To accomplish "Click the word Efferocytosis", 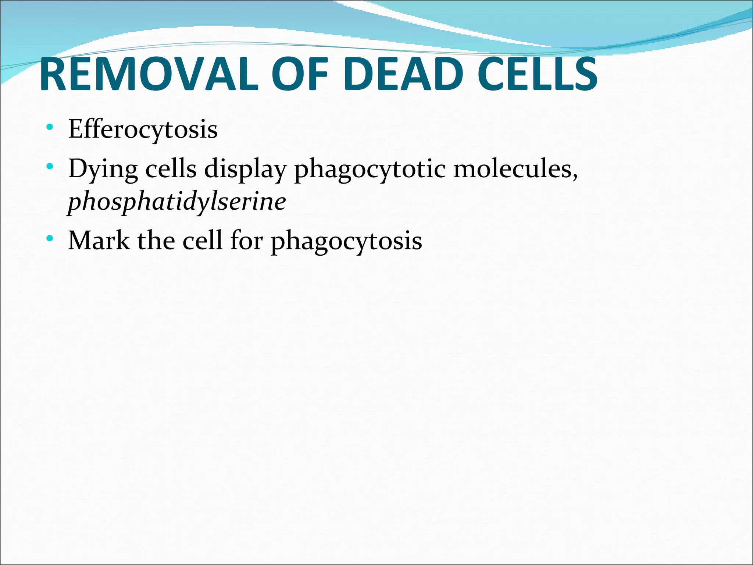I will (143, 129).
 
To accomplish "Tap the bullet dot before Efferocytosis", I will (50, 128).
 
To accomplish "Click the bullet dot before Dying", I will (50, 167).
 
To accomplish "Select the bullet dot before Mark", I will (50, 239).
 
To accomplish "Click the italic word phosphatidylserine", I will (177, 202).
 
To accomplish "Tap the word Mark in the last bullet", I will (99, 241).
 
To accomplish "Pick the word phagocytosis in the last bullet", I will (346, 242).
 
